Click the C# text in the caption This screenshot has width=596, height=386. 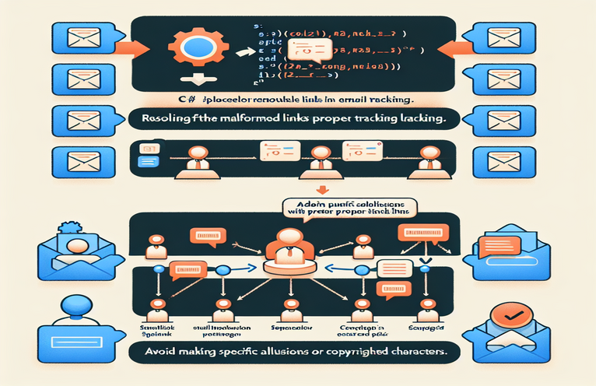(x=183, y=100)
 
